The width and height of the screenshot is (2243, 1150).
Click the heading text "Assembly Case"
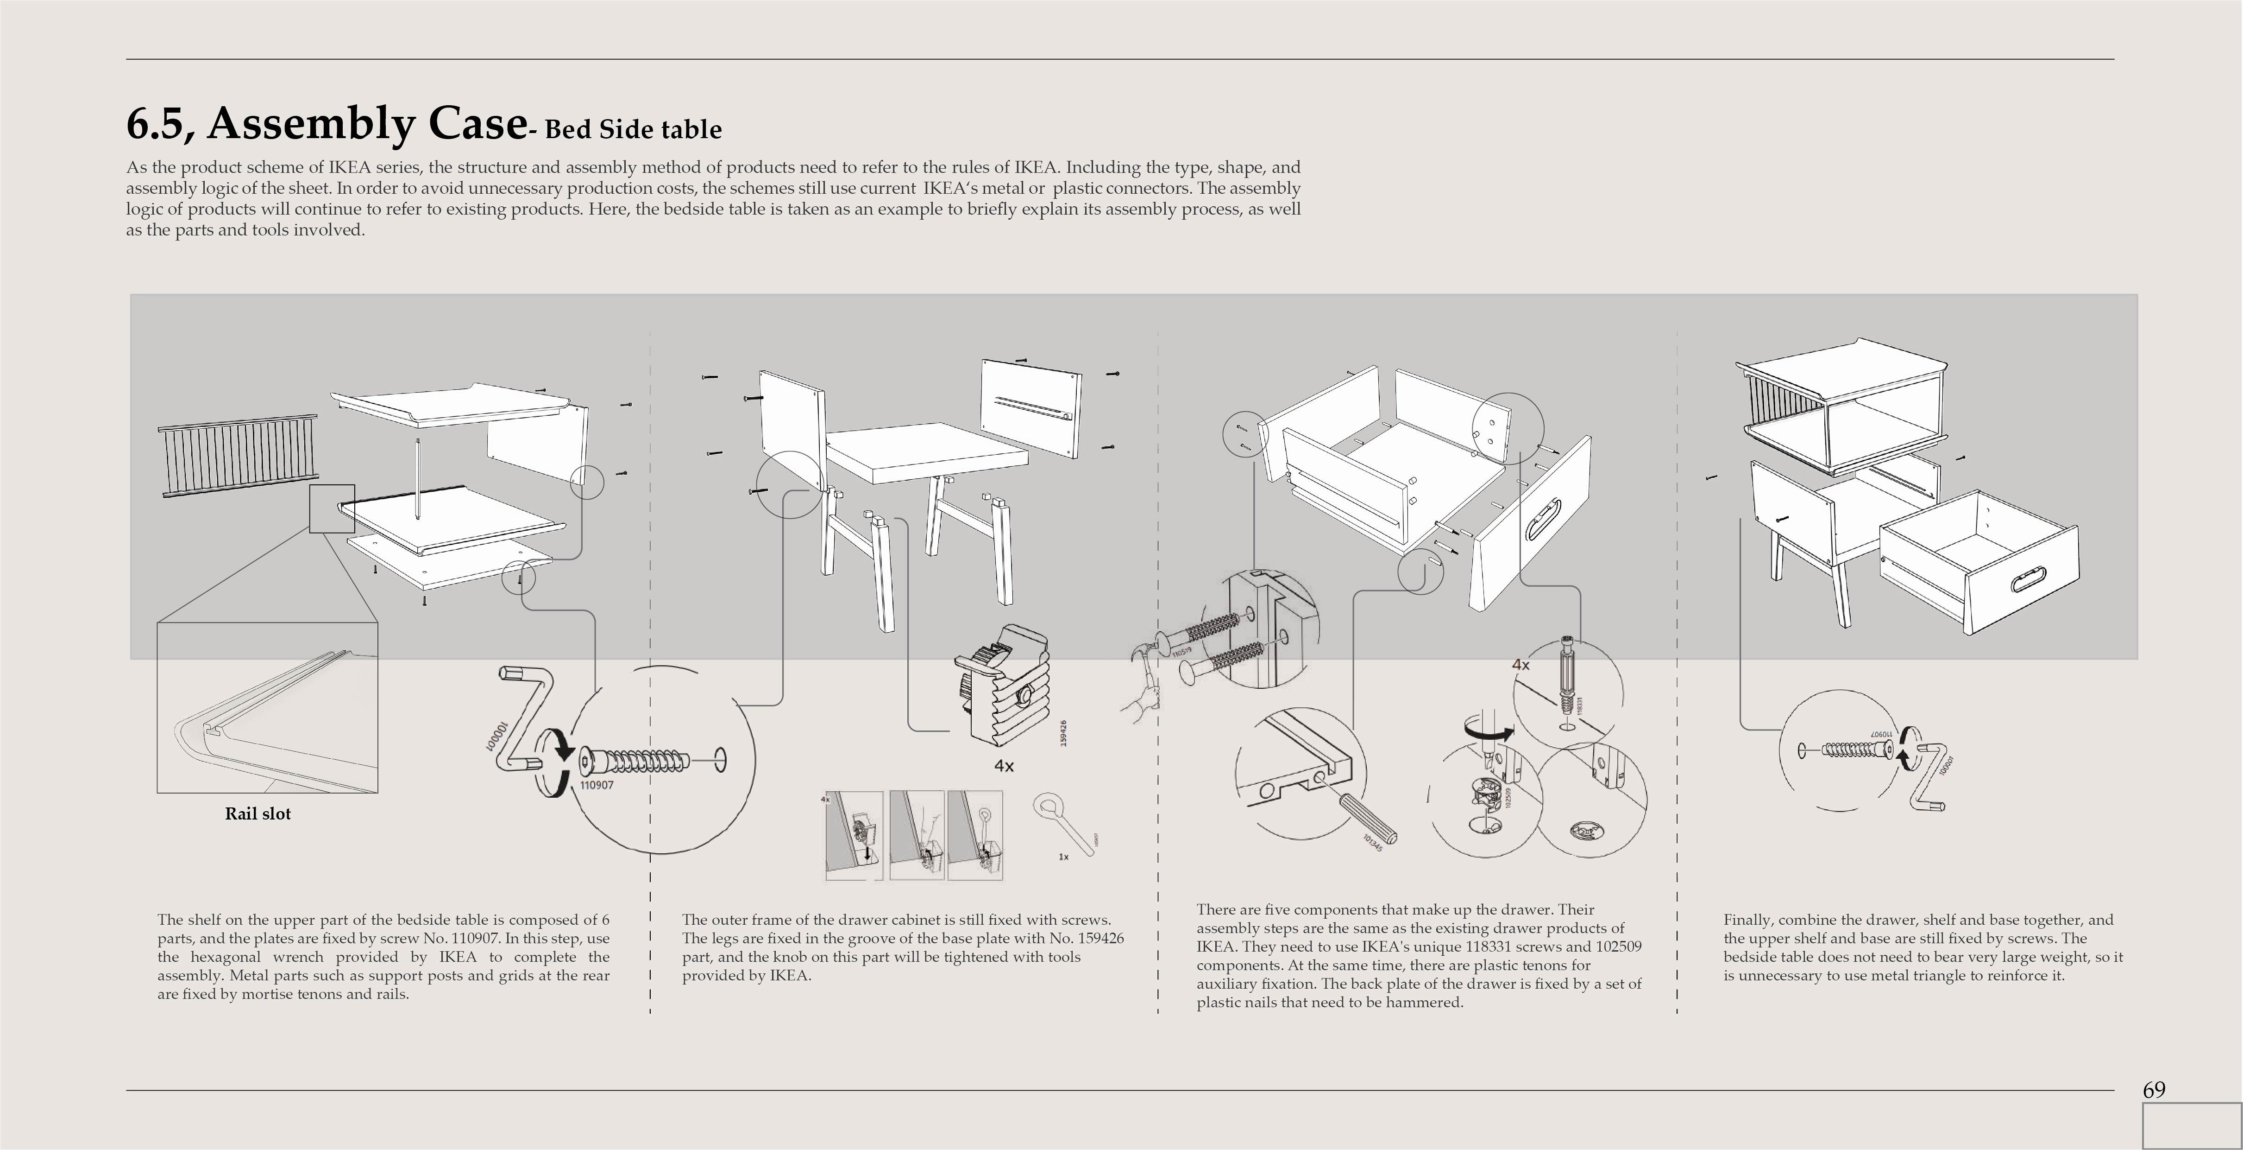click(x=366, y=124)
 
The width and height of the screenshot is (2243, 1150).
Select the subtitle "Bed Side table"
click(x=633, y=130)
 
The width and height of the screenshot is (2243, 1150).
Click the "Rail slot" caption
click(x=258, y=813)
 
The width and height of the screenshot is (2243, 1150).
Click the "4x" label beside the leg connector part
click(x=1004, y=766)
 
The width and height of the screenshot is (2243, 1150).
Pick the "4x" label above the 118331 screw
click(x=1520, y=665)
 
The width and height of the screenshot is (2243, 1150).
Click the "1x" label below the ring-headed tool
click(x=1063, y=857)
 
